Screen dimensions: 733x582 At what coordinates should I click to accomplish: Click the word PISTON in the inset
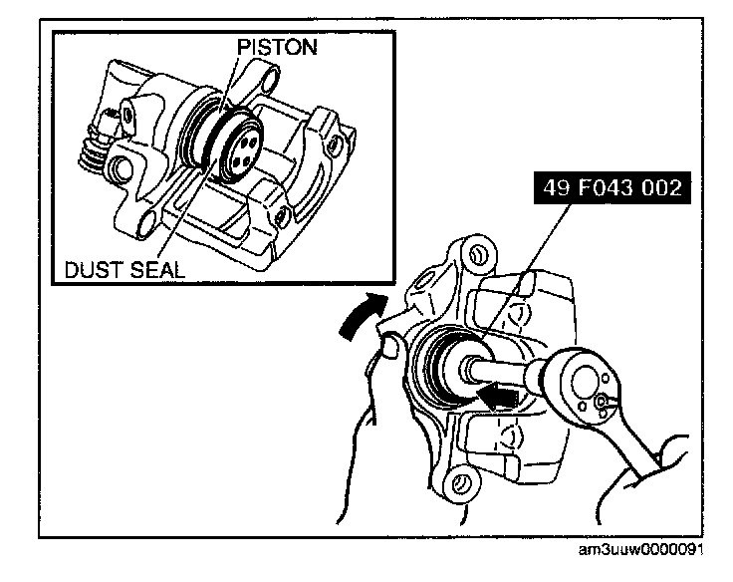click(x=276, y=47)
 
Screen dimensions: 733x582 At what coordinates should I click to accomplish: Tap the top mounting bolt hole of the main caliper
click(x=475, y=255)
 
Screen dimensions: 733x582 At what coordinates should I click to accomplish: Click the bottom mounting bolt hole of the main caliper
click(x=458, y=484)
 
